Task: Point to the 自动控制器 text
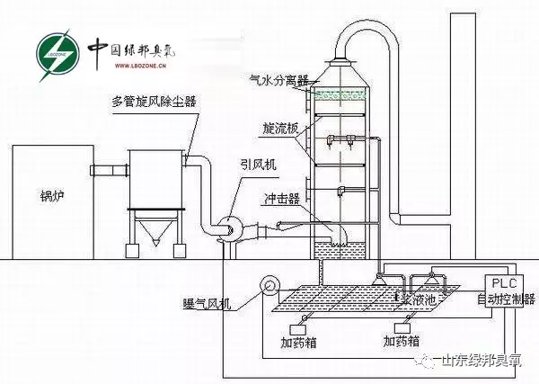click(x=505, y=299)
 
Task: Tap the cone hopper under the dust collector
click(x=153, y=237)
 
